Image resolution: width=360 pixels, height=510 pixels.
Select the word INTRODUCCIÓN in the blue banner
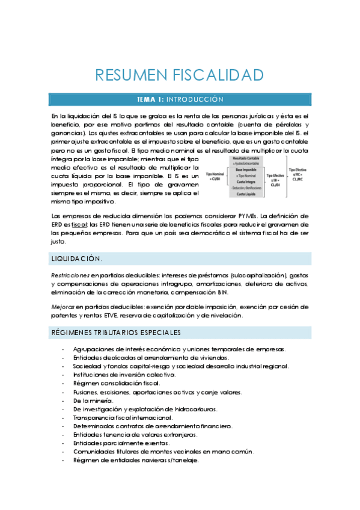tap(194, 99)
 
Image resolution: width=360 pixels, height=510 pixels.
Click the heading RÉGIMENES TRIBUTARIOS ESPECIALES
tap(115, 332)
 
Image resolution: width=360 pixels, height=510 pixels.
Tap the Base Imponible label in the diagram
tap(246, 170)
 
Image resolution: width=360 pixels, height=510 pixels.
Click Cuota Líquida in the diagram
tap(246, 194)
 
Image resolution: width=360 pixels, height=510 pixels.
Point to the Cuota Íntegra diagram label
tap(246, 182)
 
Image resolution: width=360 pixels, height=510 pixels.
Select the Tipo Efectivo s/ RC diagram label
tap(297, 174)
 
